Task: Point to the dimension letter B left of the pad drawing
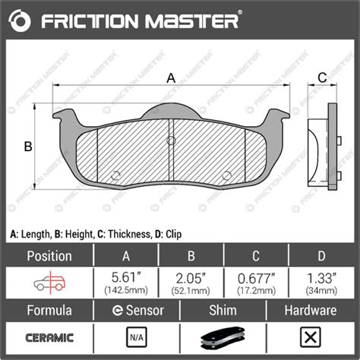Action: [27, 146]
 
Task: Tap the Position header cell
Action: [49, 256]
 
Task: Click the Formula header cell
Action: [49, 311]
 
